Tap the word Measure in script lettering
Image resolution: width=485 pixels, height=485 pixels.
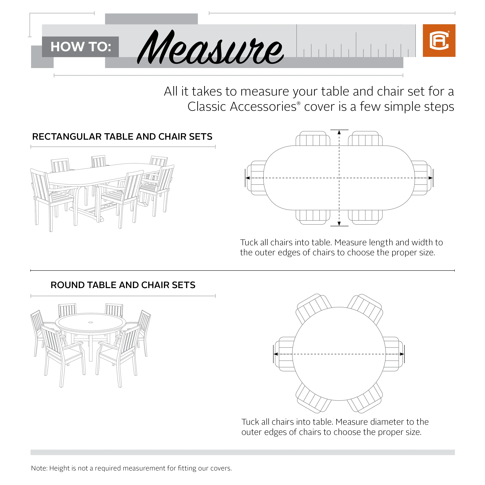pyautogui.click(x=210, y=48)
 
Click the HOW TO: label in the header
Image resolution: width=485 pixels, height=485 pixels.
pyautogui.click(x=81, y=47)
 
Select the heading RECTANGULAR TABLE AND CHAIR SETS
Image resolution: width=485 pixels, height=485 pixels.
pyautogui.click(x=122, y=137)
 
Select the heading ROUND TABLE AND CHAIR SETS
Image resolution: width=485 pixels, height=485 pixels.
pyautogui.click(x=123, y=285)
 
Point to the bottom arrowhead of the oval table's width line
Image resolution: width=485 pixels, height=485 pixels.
pyautogui.click(x=339, y=223)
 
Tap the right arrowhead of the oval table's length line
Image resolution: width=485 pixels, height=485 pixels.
pyautogui.click(x=430, y=178)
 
